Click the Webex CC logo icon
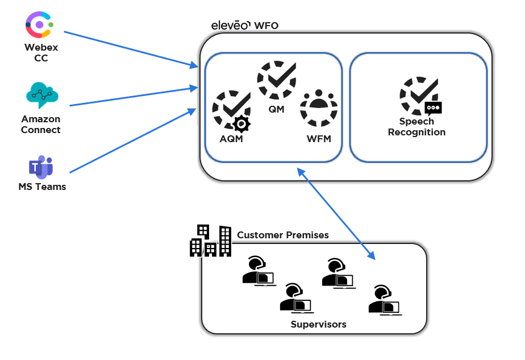click(x=39, y=24)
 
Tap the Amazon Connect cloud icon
click(x=42, y=95)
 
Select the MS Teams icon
click(x=41, y=167)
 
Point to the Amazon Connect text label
click(x=41, y=125)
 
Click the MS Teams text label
click(x=42, y=187)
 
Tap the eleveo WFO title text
click(x=244, y=25)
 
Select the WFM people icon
click(x=318, y=108)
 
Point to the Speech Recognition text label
click(x=416, y=127)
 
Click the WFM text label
click(x=318, y=138)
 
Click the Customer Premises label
click(x=282, y=235)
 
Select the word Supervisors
click(x=318, y=324)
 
